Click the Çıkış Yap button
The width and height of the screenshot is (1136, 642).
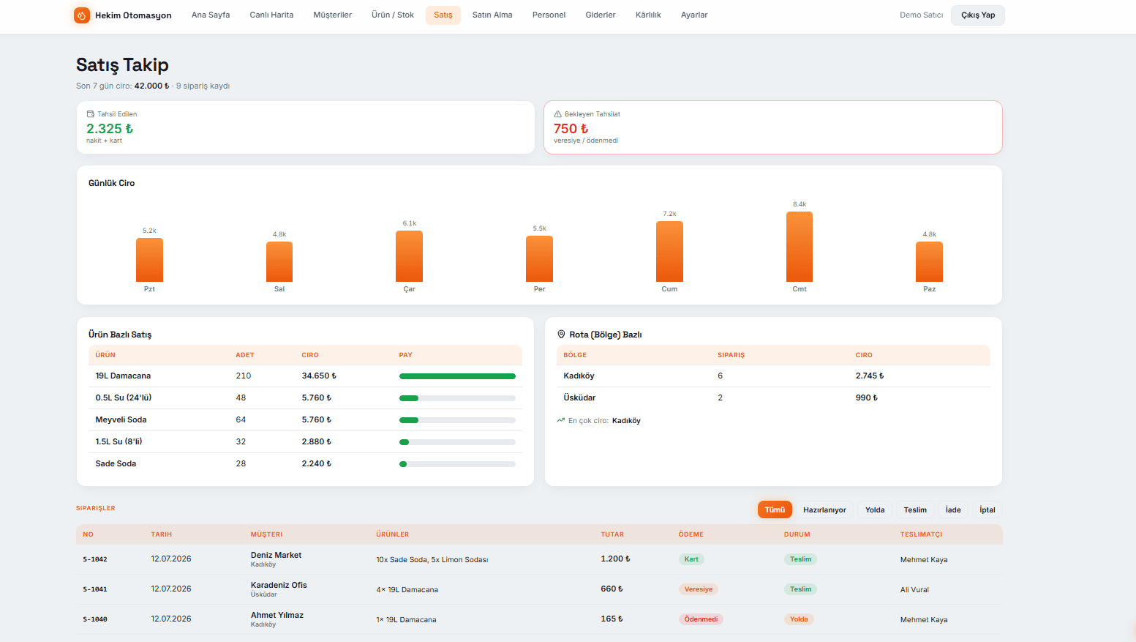(977, 15)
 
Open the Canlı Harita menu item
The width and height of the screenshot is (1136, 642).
(271, 15)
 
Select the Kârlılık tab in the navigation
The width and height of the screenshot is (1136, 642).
(647, 15)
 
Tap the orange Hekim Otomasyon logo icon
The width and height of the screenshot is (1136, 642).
(82, 15)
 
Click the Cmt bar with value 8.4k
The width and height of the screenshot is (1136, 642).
(800, 247)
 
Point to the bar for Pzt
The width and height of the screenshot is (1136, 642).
(149, 260)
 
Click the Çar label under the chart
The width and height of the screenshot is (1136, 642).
(409, 288)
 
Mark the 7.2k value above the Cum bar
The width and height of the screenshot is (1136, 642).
(669, 214)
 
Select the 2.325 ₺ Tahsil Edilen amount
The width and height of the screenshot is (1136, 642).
(110, 129)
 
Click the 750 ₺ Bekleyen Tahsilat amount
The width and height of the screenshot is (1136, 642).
(571, 129)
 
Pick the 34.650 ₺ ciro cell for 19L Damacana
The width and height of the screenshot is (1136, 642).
(318, 376)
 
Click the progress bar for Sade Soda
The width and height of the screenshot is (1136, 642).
(457, 464)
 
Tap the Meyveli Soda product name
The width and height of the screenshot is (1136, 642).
(121, 419)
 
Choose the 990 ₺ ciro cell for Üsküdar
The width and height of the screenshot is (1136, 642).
(866, 398)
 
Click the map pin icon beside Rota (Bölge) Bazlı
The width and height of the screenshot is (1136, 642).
(561, 335)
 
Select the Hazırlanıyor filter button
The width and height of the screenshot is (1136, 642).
(824, 510)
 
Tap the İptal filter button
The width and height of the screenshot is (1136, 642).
(987, 510)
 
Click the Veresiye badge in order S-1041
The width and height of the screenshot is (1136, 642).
(699, 589)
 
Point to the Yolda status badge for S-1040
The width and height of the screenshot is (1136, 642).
(799, 619)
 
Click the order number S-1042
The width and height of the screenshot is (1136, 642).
(95, 559)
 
